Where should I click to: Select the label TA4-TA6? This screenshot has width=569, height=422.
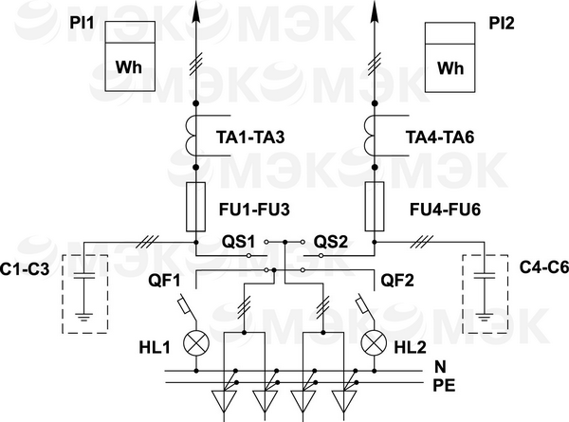pos(440,138)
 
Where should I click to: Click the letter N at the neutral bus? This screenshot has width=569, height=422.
pos(438,366)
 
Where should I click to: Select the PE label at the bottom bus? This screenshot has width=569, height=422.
pos(444,385)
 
